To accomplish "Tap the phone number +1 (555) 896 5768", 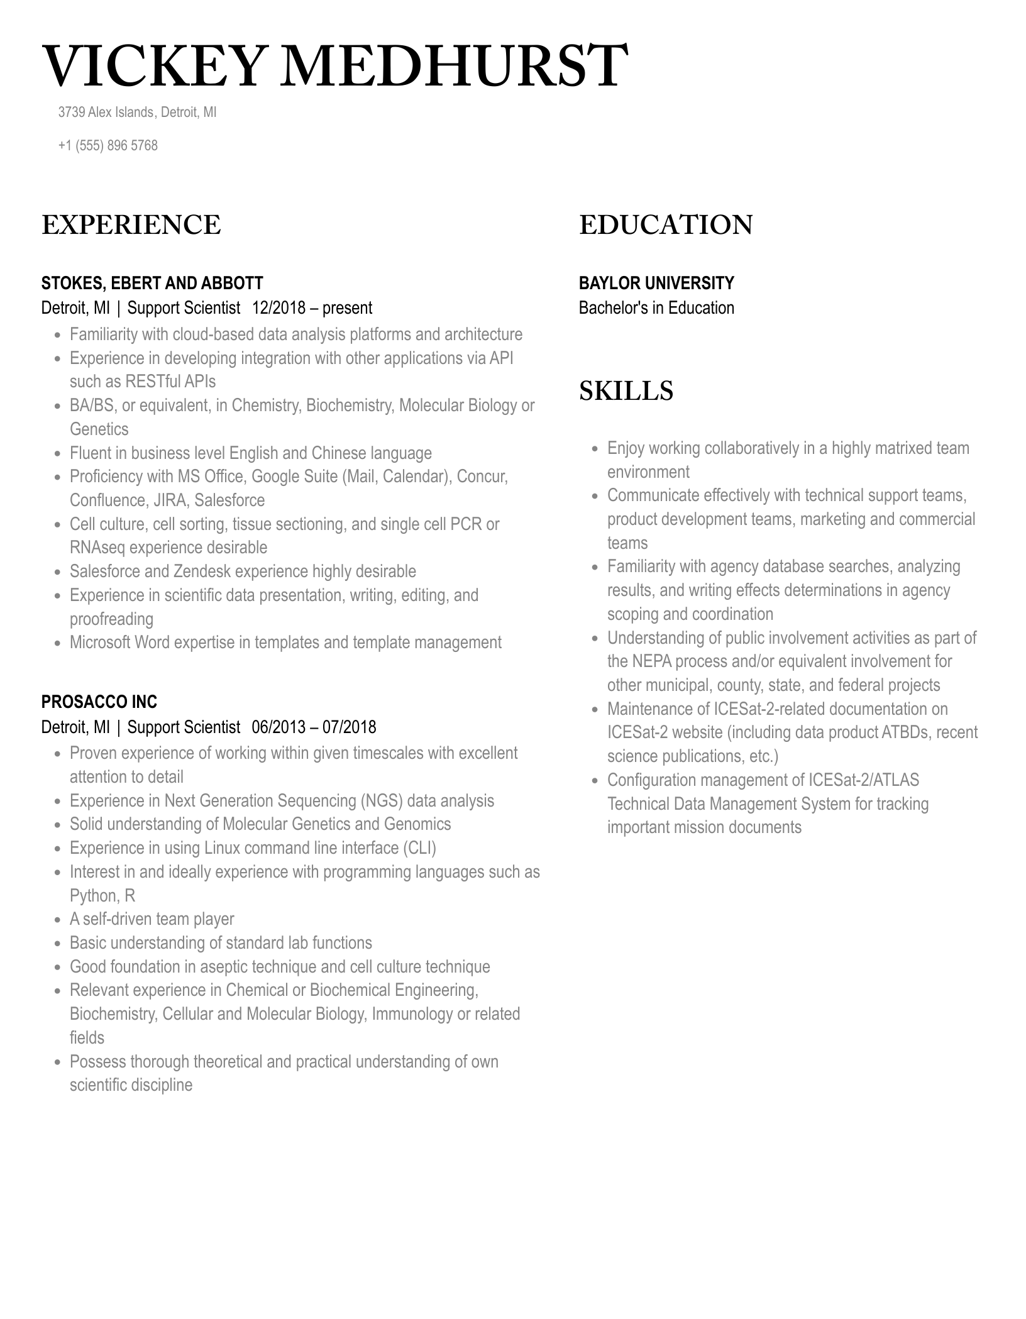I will [x=108, y=145].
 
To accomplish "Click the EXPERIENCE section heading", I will [x=131, y=225].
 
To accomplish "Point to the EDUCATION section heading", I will [x=665, y=225].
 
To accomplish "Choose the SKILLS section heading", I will [x=626, y=390].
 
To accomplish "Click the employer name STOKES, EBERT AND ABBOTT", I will [x=152, y=283].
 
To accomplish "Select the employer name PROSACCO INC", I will [x=99, y=702].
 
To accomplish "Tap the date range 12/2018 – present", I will [x=312, y=308].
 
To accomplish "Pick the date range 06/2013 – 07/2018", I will [x=314, y=727].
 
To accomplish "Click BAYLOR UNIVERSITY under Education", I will [x=656, y=283].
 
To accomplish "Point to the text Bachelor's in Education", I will [x=656, y=308].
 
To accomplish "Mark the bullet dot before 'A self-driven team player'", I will [x=58, y=920].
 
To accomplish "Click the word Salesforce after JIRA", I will [x=229, y=500].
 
